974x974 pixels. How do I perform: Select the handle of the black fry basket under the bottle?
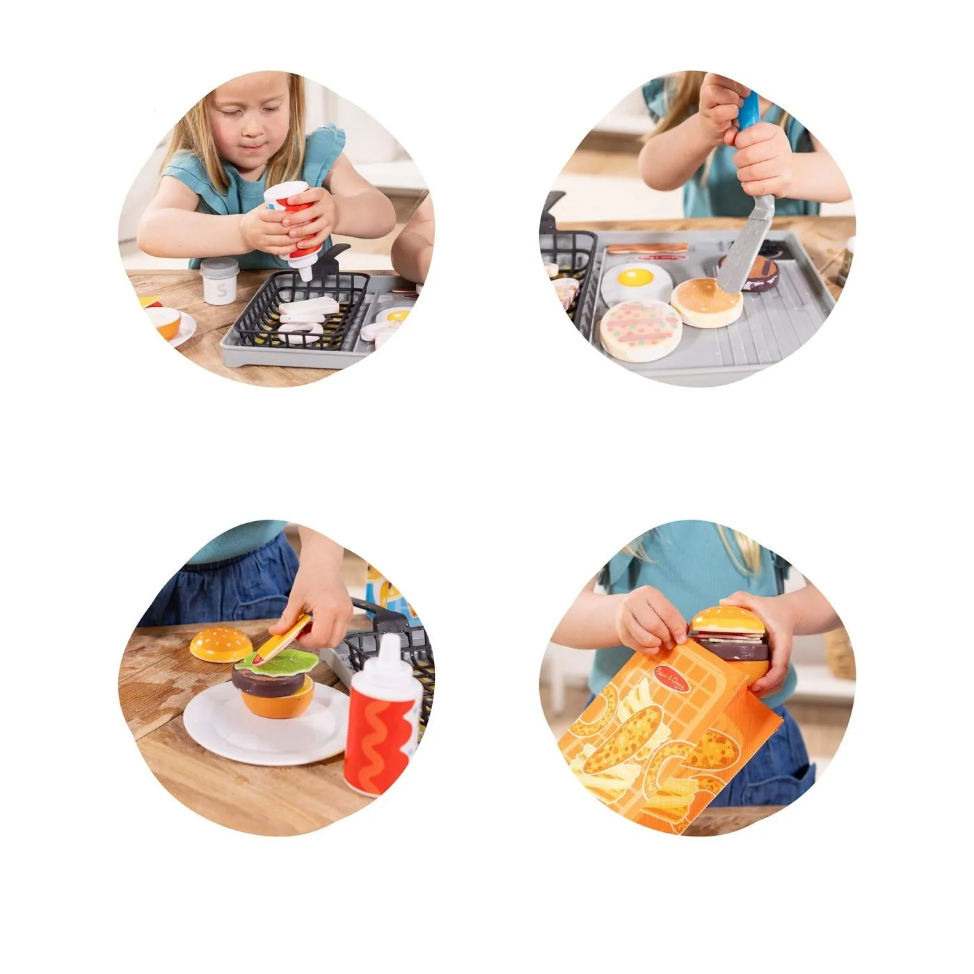337,255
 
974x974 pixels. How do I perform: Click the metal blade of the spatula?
743,243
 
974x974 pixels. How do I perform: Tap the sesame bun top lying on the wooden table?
221,644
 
